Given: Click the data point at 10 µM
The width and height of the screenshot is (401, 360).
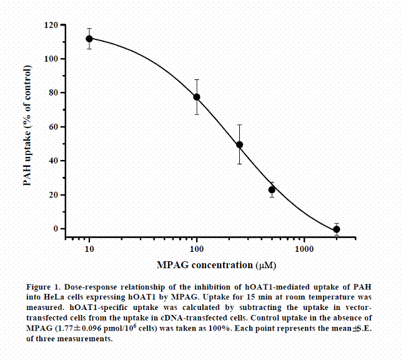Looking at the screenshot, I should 89,39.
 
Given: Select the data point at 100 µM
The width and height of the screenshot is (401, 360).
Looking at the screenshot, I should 197,97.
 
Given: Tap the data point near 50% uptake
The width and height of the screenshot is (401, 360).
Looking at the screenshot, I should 239,144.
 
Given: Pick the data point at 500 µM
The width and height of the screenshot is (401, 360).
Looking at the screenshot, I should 272,189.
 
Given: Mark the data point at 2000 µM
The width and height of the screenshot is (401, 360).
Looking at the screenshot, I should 337,229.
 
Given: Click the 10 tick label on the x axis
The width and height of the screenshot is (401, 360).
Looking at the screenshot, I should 89,249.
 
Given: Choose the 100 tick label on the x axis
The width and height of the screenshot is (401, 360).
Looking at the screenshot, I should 197,249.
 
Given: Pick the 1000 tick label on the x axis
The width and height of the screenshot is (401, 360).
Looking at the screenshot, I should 304,249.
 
